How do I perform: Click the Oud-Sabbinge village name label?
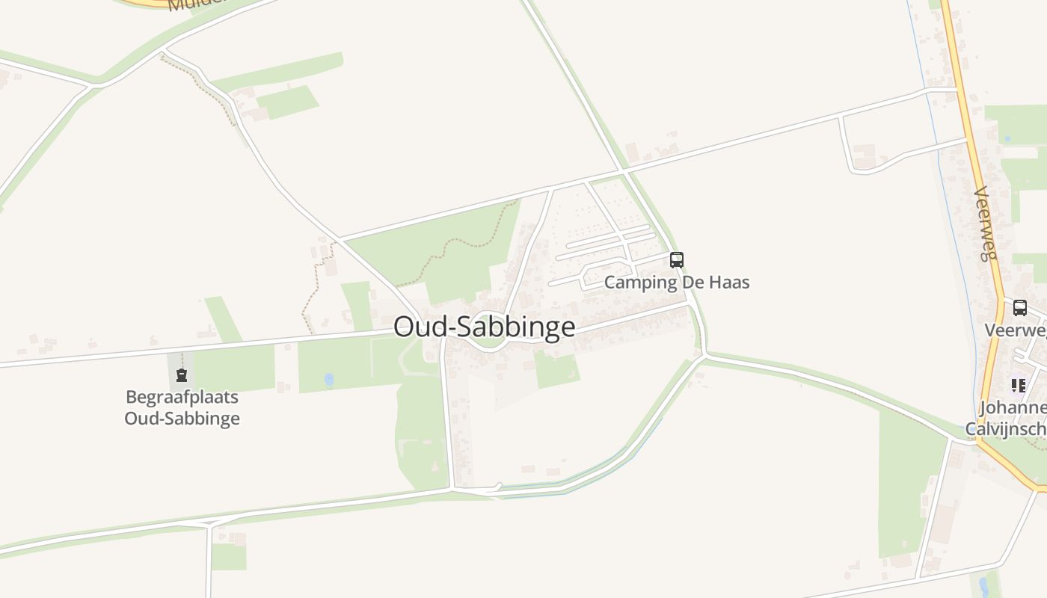(x=484, y=327)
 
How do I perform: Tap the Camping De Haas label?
(x=676, y=283)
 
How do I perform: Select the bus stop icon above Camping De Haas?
(x=676, y=260)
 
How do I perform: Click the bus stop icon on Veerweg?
(x=1019, y=308)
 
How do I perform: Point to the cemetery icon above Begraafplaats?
(x=181, y=375)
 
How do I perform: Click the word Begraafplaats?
(x=182, y=397)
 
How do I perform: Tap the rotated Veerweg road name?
(x=986, y=223)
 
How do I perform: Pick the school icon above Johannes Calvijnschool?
(x=1018, y=386)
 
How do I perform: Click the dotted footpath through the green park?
(x=456, y=246)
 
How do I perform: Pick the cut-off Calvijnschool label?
(x=1006, y=429)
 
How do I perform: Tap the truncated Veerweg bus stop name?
(x=1015, y=330)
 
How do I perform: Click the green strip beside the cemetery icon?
(x=233, y=368)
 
